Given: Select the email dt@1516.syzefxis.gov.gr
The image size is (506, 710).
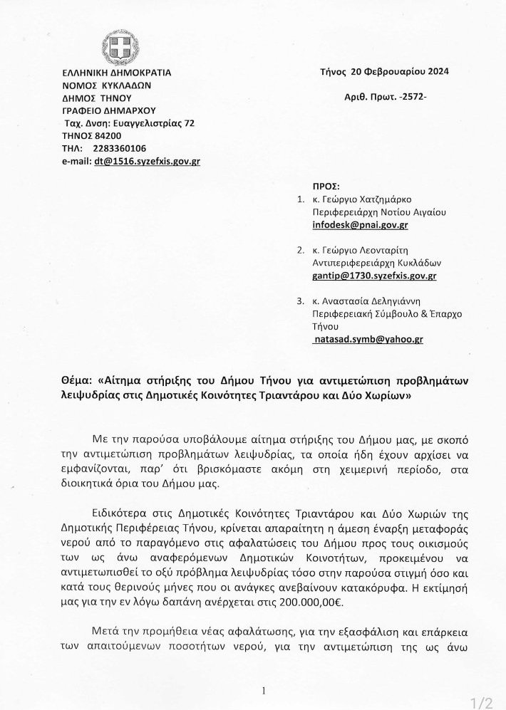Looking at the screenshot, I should [x=147, y=162].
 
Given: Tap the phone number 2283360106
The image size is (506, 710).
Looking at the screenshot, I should [x=120, y=149].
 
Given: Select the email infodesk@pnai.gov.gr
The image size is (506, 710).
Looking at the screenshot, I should [x=361, y=225].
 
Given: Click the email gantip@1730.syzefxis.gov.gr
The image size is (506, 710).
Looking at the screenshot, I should [x=375, y=275].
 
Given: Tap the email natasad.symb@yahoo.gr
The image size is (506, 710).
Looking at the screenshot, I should [x=368, y=340].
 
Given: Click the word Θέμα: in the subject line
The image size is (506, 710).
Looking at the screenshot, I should [x=77, y=381].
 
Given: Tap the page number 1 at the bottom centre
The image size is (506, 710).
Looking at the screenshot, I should [x=263, y=690].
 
